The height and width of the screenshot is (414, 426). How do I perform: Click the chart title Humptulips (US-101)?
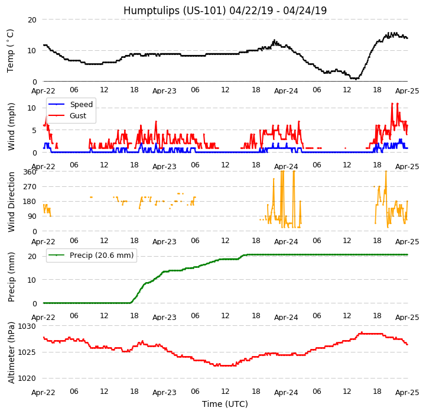coord(225,11)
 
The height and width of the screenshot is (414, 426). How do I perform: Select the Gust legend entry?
coord(79,116)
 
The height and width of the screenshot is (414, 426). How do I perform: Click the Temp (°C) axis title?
coord(11,50)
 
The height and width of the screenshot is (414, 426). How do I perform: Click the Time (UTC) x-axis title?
coord(225,404)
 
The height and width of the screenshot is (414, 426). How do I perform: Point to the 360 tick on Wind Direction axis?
coord(30,172)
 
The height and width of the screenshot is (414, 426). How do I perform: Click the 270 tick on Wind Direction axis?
coord(30,186)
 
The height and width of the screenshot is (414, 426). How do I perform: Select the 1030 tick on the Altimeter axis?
coord(27,326)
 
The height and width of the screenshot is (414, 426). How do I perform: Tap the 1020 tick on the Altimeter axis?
coord(27,378)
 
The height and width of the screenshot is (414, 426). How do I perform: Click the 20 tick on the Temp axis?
coord(32,20)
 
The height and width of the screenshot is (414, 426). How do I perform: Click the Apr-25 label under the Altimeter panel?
coord(407,393)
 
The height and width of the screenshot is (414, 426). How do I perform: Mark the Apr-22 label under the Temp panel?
coord(43,91)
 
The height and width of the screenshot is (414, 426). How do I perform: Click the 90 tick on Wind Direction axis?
coord(31,216)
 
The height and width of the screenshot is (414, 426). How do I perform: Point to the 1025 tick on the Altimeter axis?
coord(27,352)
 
